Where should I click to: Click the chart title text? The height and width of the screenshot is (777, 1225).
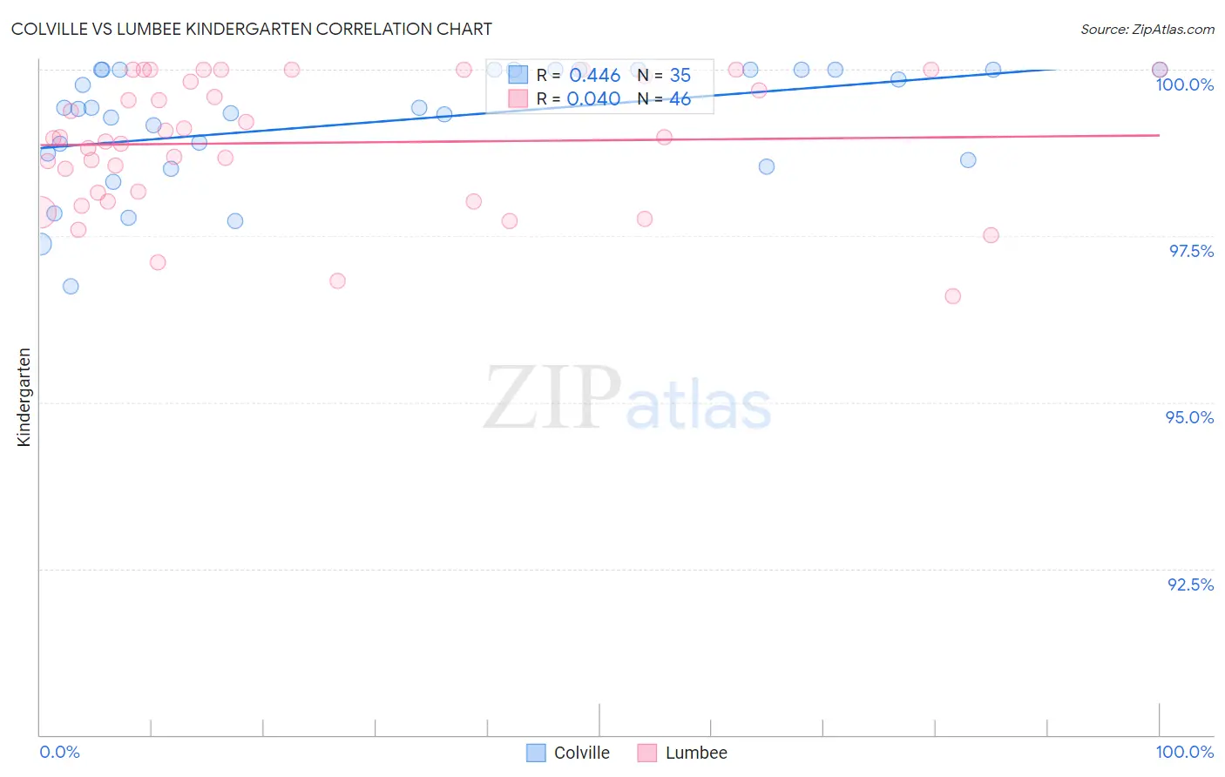point(251,29)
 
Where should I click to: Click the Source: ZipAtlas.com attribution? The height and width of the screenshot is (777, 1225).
point(1147,29)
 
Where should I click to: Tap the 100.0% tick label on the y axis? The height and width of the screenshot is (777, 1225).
point(1184,84)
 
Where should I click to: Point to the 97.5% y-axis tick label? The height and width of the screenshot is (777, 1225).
point(1190,251)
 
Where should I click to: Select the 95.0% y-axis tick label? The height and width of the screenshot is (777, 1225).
point(1189,417)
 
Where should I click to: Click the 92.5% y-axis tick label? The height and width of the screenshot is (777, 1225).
point(1190,584)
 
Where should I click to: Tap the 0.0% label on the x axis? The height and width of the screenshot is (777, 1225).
point(59,752)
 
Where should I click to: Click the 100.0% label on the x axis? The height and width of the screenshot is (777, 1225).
point(1184,752)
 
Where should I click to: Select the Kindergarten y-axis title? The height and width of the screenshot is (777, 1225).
point(24,397)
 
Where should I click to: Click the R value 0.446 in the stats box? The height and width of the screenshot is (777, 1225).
point(594,76)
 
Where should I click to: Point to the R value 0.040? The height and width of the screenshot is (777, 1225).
point(593,99)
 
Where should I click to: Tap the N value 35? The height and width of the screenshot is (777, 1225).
point(680,76)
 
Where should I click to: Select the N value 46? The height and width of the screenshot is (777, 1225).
point(680,99)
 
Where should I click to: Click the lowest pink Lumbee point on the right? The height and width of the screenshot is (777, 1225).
point(952,296)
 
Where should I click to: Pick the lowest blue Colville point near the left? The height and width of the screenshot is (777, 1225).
point(71,287)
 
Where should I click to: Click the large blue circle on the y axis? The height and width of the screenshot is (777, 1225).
point(39,244)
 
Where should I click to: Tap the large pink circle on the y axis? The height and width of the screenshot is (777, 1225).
point(39,212)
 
